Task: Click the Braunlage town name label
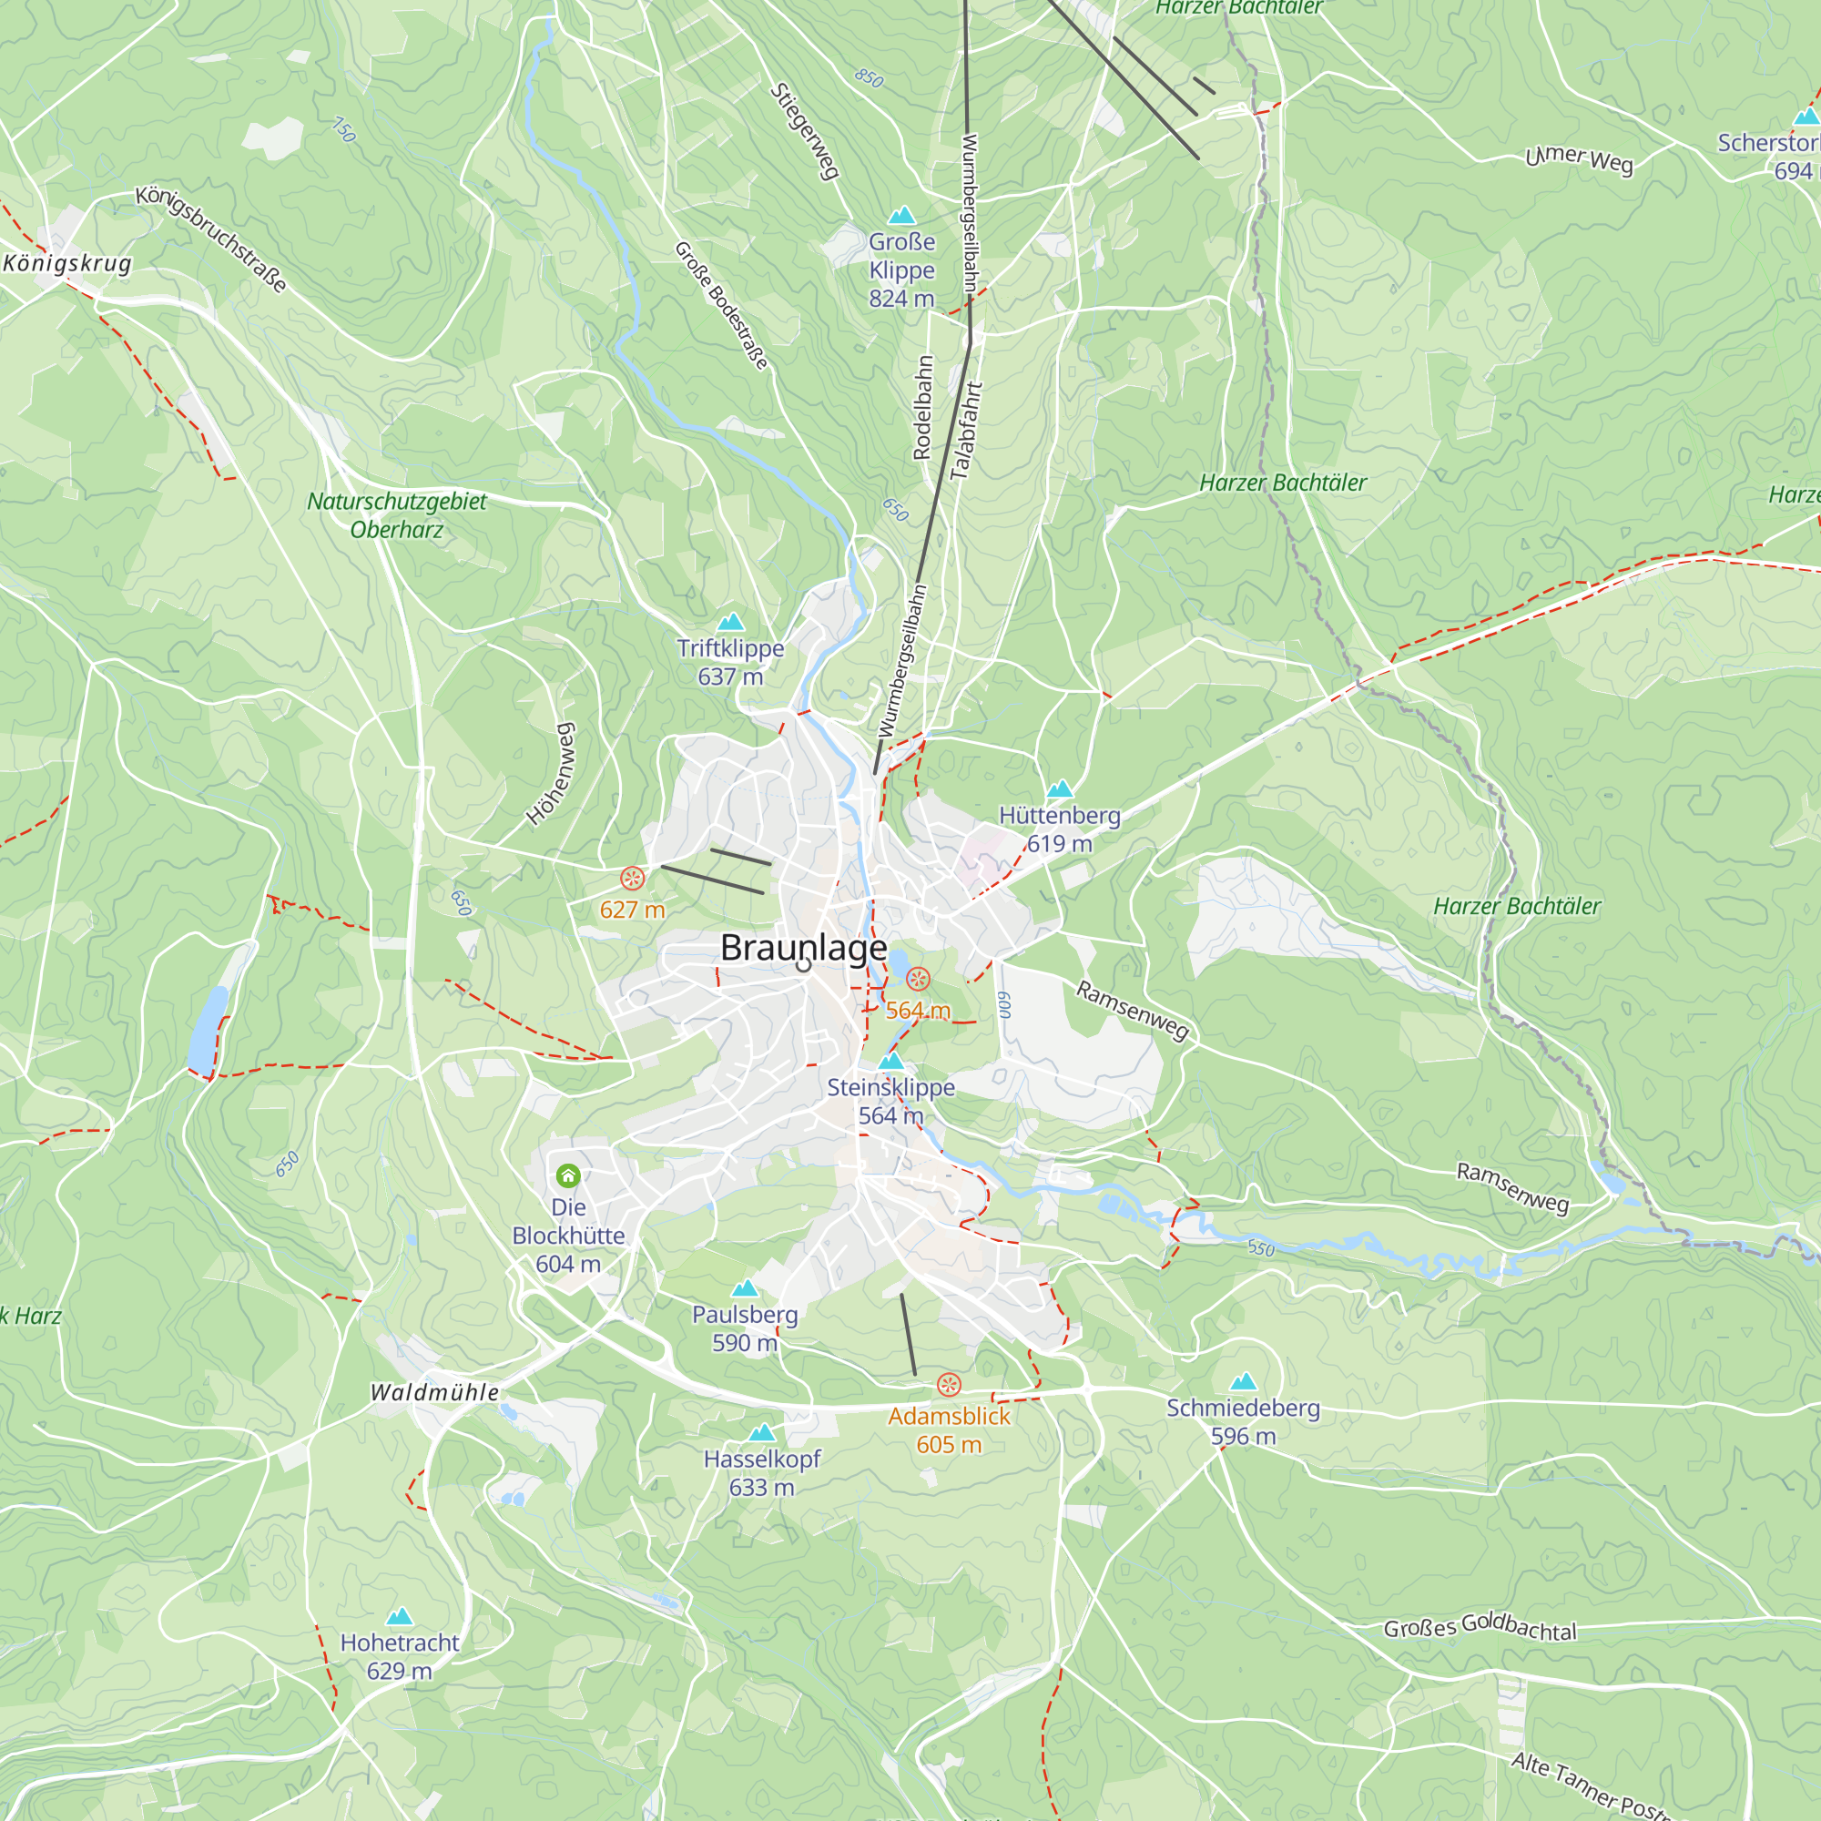803,947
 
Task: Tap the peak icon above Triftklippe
730,622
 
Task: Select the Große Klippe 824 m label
902,270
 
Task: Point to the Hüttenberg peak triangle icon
1061,788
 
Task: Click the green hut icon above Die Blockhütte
567,1175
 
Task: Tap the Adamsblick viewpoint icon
949,1385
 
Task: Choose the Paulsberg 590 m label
745,1328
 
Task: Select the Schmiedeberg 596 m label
1243,1421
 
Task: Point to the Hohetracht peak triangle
400,1617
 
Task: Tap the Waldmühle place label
434,1392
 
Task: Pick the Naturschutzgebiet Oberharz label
397,514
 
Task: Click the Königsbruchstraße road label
211,239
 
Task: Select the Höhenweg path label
551,774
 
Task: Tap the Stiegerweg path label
805,131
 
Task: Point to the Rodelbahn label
922,407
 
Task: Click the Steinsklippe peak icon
890,1063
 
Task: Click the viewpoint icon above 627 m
633,879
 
